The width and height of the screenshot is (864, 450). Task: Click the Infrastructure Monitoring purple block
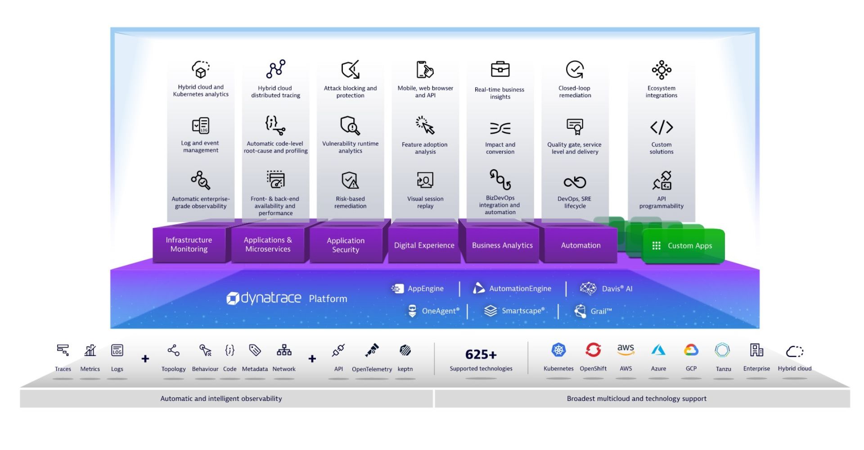click(189, 245)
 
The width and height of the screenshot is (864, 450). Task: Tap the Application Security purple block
click(346, 245)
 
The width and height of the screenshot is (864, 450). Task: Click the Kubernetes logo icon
click(558, 350)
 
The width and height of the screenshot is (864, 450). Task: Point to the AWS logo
click(625, 350)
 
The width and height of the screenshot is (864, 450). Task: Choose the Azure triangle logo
click(658, 350)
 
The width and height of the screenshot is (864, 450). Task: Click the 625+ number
click(481, 355)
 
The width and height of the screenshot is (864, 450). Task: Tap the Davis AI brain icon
click(588, 288)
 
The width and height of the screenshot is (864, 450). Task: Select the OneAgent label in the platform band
click(440, 311)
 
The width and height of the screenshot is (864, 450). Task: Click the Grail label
click(601, 311)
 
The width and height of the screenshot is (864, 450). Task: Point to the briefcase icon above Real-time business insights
click(500, 70)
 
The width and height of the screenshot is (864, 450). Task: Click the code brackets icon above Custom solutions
click(661, 127)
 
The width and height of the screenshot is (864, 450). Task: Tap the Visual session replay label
click(425, 202)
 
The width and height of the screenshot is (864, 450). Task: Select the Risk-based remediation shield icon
click(350, 180)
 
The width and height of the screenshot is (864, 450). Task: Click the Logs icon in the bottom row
click(117, 350)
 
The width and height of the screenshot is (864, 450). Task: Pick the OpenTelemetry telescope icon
click(372, 350)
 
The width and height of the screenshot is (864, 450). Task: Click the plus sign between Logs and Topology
click(145, 359)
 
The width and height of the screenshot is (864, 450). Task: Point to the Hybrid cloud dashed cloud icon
click(794, 351)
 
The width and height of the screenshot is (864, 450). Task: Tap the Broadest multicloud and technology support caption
click(636, 399)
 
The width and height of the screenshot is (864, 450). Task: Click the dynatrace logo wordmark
click(265, 298)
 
